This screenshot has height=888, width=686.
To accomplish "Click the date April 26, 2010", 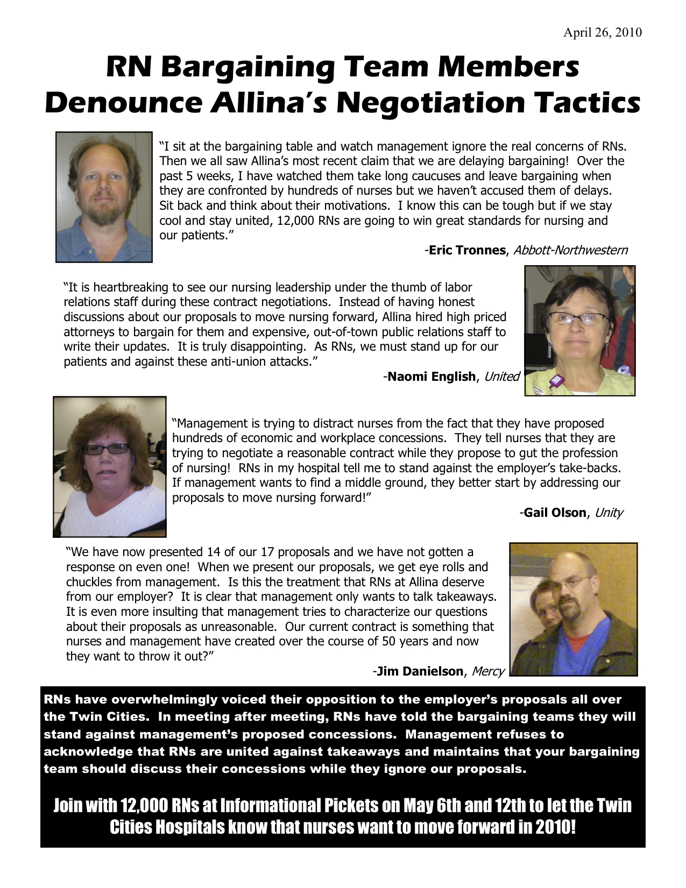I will pos(602,33).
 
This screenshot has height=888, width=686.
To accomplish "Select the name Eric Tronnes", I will pos(466,250).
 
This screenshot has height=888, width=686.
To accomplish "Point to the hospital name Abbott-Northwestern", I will pos(570,250).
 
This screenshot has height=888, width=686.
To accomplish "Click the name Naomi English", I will pos(431,376).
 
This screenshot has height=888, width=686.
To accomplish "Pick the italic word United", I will pos(501,376).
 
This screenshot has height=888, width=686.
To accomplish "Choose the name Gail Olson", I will pos(554,513).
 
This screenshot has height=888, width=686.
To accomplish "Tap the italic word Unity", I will pos(609,513).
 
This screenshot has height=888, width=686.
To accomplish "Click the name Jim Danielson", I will pos(419,671).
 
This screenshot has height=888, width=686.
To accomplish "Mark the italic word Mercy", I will pos(488,671).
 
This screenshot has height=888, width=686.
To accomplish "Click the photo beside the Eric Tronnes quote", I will pos(104,197).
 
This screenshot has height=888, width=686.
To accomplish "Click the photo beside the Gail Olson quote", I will pos(109,466).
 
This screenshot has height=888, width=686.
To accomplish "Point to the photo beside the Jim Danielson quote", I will pos(573,609).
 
